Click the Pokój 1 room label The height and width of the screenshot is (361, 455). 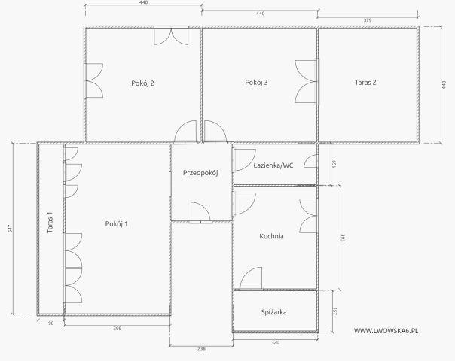[x=116, y=224]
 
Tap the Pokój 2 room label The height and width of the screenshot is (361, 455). [x=142, y=83]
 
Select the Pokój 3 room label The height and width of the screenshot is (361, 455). [x=257, y=83]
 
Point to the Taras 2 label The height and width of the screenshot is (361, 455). [x=365, y=82]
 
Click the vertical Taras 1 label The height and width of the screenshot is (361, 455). [x=50, y=222]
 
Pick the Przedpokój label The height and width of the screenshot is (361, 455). [x=200, y=173]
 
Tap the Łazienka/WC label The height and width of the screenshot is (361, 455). [x=273, y=165]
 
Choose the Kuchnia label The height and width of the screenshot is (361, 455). [x=271, y=236]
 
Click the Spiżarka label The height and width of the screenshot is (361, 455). [x=273, y=312]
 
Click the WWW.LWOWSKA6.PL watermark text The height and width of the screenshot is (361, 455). [x=386, y=331]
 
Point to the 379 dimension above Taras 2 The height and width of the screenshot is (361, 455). [x=368, y=20]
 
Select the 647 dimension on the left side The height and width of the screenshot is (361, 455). [x=10, y=229]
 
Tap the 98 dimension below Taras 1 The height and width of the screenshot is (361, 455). [x=50, y=323]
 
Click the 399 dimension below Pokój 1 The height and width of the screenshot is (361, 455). [x=118, y=329]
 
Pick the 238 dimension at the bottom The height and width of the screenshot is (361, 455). [x=201, y=349]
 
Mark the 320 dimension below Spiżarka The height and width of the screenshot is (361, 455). [x=276, y=343]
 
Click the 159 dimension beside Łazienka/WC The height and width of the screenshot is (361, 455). [x=334, y=164]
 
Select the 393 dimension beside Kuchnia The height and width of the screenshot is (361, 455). [x=343, y=238]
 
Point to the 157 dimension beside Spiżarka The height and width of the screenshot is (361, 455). [x=334, y=311]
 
